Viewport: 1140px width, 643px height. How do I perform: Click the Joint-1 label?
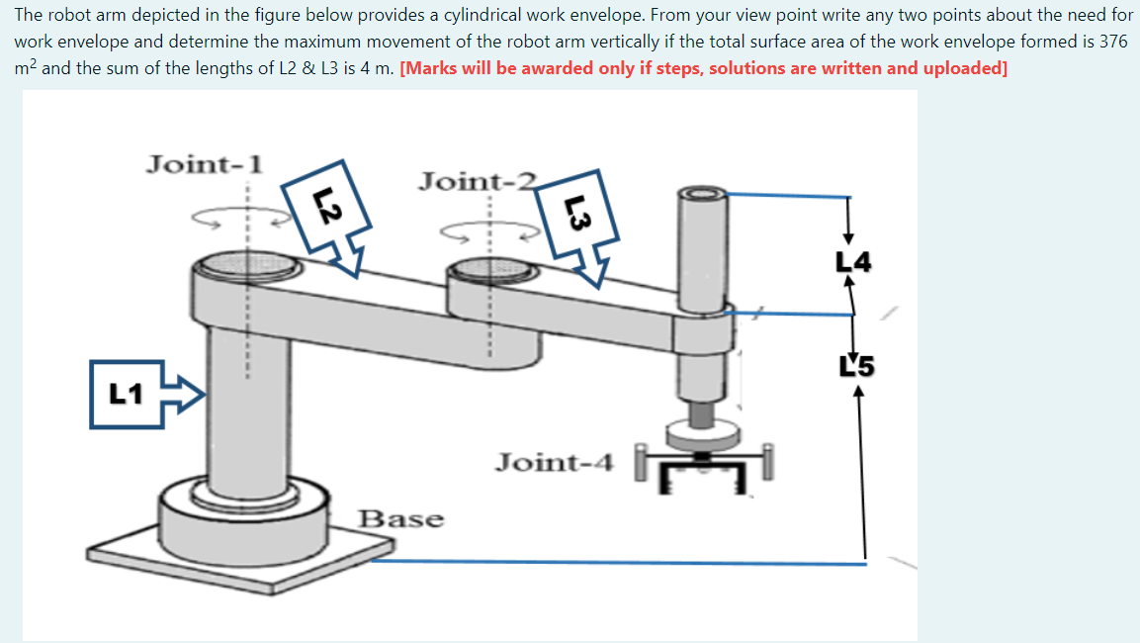pos(204,163)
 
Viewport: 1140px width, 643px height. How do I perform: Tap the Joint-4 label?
pos(555,462)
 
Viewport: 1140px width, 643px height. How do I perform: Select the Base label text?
pos(400,518)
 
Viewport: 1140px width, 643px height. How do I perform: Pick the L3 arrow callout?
pos(583,223)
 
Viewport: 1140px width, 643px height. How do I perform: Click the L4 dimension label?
pos(853,263)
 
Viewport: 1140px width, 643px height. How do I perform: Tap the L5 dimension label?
pos(856,367)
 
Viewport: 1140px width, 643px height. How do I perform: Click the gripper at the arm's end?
pos(703,469)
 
